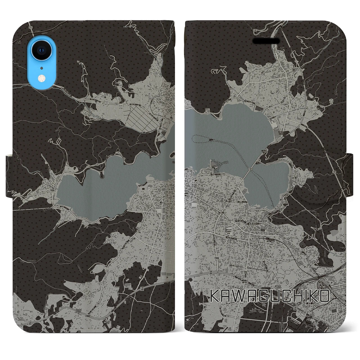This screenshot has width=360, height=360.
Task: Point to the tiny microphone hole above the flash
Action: (x=41, y=68)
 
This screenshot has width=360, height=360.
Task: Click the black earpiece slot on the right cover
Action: (x=266, y=41)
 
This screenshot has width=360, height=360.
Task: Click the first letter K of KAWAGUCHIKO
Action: (x=216, y=296)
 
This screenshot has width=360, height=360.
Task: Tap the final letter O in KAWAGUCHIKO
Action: (x=323, y=296)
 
